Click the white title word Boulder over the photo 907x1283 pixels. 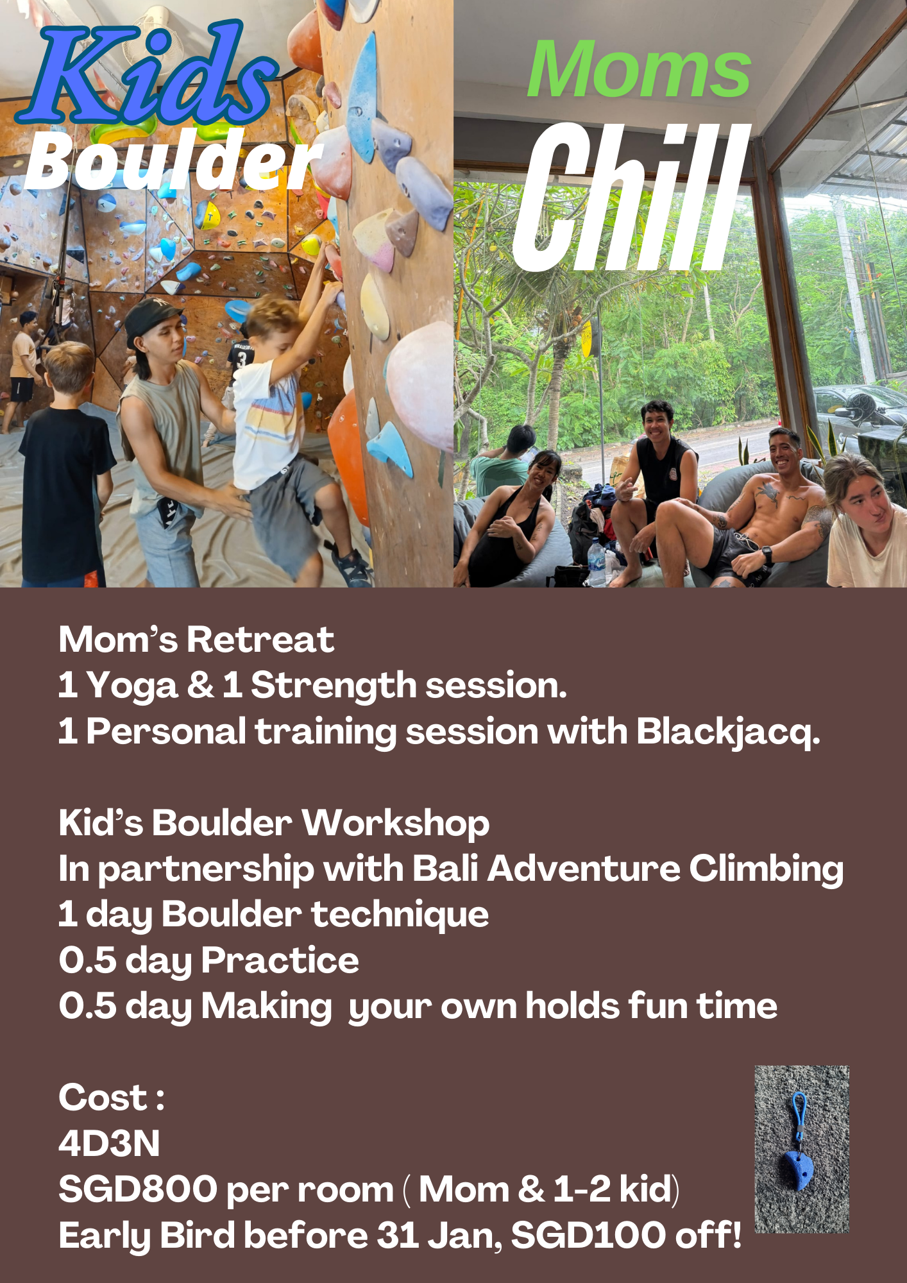pos(173,160)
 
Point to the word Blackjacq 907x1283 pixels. pos(728,732)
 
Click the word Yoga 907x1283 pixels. pos(132,686)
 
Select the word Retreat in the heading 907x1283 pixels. pos(260,640)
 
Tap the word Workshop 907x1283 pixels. pos(396,824)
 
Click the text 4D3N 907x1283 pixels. pos(109,1144)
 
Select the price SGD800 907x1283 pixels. pos(138,1189)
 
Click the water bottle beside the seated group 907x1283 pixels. pos(597,562)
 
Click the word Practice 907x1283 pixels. pos(280,961)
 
